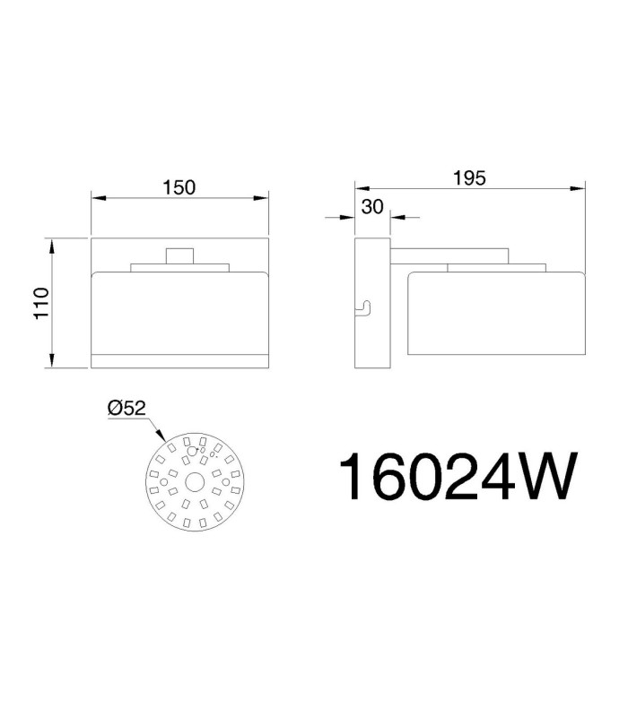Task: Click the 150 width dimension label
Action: pos(179,187)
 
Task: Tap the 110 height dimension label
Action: pos(41,304)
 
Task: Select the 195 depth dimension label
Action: pos(469,177)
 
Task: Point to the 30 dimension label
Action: pos(372,207)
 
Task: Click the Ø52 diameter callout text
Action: pos(126,408)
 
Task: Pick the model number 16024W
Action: pos(458,477)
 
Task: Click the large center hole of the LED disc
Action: pos(195,482)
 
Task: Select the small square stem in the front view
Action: pos(180,256)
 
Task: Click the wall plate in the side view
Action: pos(372,303)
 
